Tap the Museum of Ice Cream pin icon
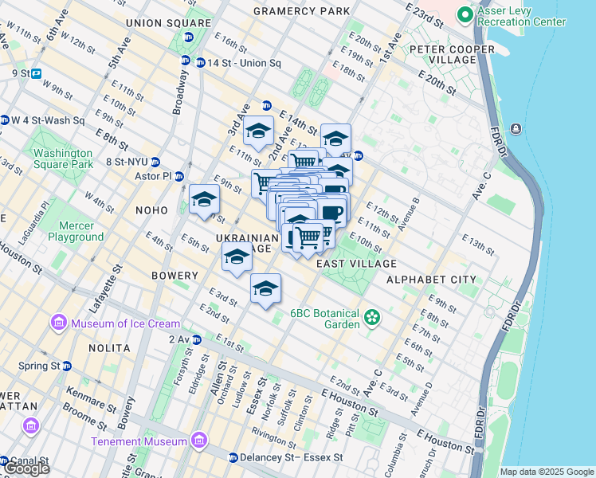click(57, 323)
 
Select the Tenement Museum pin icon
click(198, 441)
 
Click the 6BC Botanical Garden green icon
click(371, 319)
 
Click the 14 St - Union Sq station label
click(239, 62)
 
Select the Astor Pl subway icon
click(179, 176)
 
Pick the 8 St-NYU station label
click(127, 162)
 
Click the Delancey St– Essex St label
click(292, 457)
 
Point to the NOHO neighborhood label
click(152, 210)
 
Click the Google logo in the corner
click(26, 468)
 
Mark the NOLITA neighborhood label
click(109, 348)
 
